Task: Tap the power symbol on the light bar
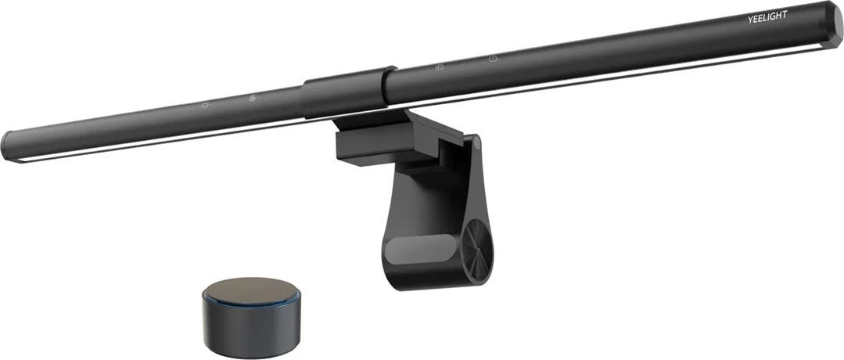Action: coord(494,58)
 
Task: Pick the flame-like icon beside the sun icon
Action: coord(252,99)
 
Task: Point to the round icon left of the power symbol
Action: coord(440,67)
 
